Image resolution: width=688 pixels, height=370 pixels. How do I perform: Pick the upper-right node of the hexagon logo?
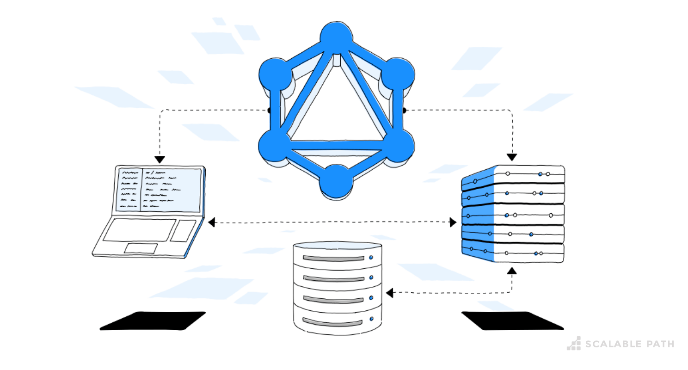coord(397,74)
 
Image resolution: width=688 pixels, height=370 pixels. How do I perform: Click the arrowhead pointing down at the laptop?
coord(160,160)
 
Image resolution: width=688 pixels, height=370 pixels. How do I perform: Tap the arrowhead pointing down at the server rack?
coord(512,157)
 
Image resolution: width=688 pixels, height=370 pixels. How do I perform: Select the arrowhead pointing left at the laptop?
coord(211,223)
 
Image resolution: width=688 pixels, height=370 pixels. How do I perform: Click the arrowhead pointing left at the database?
coord(389,293)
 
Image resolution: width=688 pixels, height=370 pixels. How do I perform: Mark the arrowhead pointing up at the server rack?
coord(512,270)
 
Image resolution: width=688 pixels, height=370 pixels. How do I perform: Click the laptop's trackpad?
coord(141,247)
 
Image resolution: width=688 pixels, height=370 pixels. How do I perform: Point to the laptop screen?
coord(159,190)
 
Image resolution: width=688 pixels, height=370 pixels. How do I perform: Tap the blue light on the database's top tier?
coord(371,257)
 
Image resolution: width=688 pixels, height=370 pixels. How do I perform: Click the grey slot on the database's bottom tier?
coord(332,321)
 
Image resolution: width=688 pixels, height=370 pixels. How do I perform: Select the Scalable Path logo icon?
coord(574,343)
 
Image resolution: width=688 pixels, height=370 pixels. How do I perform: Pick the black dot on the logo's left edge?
coord(269,111)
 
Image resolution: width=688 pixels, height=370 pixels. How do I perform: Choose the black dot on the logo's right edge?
coord(404,111)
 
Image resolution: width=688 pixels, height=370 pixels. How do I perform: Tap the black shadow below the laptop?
coord(153,321)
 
